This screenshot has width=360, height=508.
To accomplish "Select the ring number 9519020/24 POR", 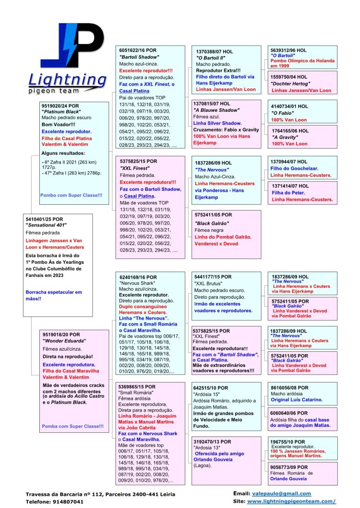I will (x=61, y=107).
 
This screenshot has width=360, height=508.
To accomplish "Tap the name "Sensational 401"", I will (x=46, y=225).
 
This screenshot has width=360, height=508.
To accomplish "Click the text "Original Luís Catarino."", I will (x=297, y=400).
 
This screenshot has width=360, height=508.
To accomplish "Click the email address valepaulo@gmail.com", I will (x=281, y=494).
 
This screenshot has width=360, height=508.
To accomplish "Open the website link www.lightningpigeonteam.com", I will (x=291, y=501).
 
